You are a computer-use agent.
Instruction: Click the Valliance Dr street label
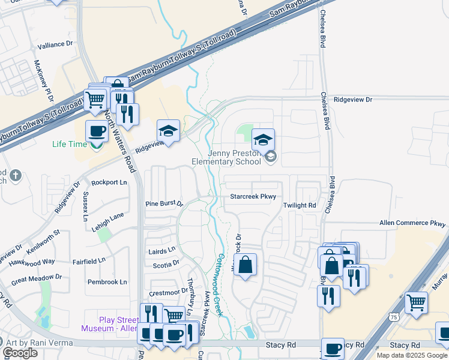(55, 44)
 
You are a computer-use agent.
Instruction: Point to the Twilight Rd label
(300, 205)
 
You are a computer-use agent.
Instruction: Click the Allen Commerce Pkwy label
(412, 223)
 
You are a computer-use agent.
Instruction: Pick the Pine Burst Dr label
(164, 204)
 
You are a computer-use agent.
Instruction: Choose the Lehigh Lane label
(109, 215)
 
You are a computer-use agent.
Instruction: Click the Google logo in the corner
(20, 353)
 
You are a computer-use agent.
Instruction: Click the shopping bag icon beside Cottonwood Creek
(246, 265)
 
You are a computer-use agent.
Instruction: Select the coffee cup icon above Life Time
(97, 131)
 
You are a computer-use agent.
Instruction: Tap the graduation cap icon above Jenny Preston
(263, 140)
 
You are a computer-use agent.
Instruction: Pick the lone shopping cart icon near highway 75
(416, 303)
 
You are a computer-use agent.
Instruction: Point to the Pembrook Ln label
(107, 282)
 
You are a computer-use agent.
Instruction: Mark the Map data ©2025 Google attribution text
(412, 355)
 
